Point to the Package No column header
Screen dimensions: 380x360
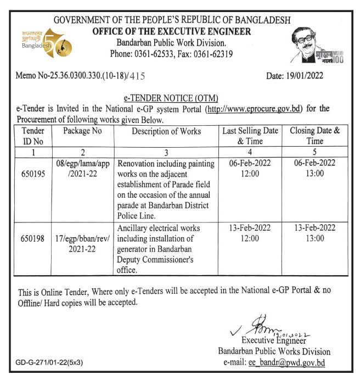82,131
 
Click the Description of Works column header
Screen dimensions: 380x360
166,131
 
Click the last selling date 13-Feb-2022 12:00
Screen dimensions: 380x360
250,233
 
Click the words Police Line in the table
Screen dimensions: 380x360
136,216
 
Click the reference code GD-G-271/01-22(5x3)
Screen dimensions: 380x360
50,362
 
